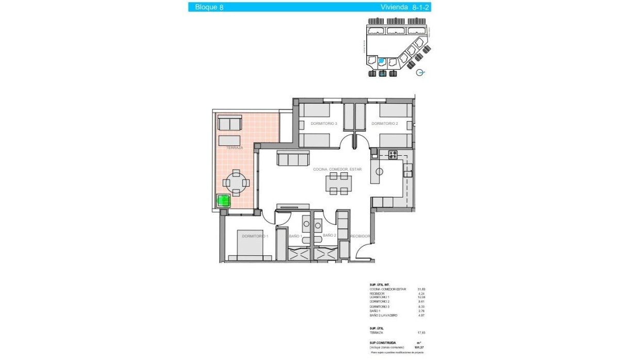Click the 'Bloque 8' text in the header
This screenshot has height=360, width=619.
209,7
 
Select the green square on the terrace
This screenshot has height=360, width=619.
223,201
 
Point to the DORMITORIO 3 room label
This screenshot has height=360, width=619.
323,124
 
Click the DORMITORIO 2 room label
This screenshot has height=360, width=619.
384,124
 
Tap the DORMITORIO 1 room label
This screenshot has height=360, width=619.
252,236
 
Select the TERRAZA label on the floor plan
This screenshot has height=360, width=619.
234,148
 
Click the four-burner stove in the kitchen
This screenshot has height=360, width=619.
393,154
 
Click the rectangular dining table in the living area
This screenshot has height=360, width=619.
338,183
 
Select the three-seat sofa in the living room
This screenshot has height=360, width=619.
293,159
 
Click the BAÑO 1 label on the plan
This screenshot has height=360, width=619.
295,236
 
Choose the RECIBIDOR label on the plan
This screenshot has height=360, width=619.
361,236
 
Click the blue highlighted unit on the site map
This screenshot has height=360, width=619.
381,61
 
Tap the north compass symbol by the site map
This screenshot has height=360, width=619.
421,73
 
